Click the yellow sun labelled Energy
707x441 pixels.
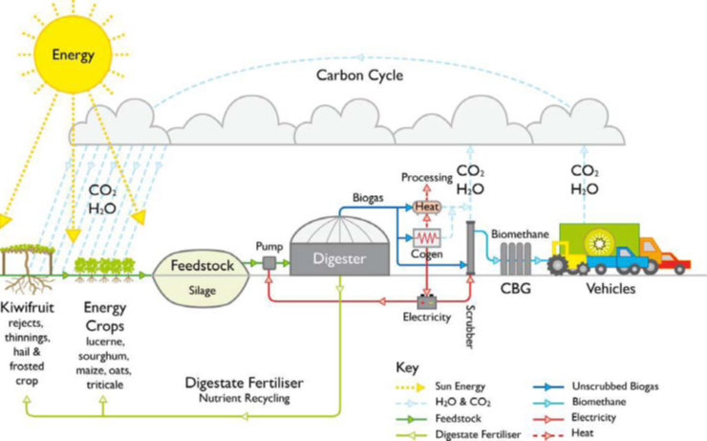[x=73, y=55]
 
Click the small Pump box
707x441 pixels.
[x=269, y=263]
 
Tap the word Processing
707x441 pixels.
[x=424, y=178]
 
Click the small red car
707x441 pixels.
[x=674, y=260]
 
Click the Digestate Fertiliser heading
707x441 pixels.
[x=245, y=382]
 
